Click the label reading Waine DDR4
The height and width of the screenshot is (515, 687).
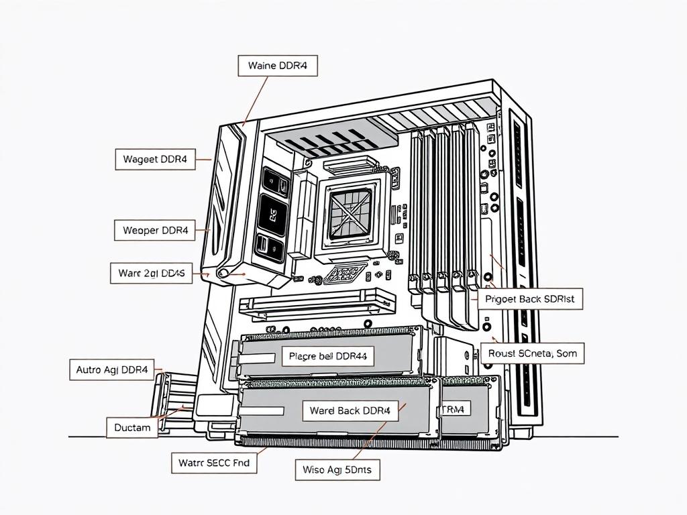[x=278, y=66]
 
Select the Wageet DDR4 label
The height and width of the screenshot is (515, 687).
[x=155, y=160]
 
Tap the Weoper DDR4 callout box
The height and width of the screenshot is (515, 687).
[x=155, y=231]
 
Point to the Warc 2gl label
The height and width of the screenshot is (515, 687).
[x=151, y=273]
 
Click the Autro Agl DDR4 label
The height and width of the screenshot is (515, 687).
[x=111, y=369]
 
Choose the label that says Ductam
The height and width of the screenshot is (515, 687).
[x=132, y=427]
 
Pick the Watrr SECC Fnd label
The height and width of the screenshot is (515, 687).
[x=213, y=462]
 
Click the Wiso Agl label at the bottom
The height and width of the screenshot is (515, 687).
[x=337, y=469]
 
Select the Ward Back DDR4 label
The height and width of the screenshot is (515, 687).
[x=350, y=410]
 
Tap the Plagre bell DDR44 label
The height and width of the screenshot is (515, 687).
[x=327, y=356]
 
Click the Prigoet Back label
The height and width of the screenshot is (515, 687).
[x=530, y=298]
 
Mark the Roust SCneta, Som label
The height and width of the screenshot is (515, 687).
[x=532, y=353]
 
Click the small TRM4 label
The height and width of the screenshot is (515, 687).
[x=456, y=408]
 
